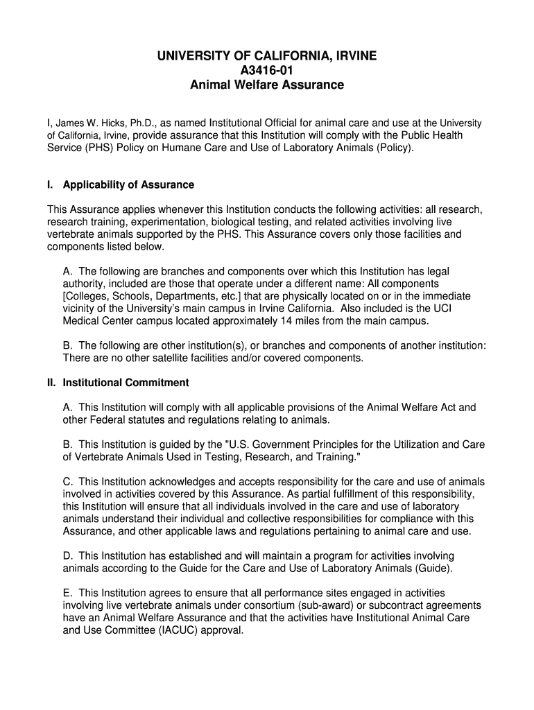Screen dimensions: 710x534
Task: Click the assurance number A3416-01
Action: point(267,70)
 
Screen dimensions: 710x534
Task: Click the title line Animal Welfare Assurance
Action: point(267,85)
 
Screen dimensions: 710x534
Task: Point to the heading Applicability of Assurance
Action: point(128,185)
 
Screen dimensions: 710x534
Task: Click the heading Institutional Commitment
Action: point(126,383)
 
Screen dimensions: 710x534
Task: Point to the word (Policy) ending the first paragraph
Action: point(393,148)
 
